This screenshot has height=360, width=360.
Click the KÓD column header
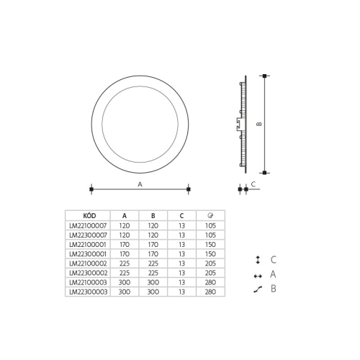(88, 215)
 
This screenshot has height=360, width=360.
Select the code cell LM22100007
(88, 225)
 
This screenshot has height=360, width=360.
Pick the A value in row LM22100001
(125, 244)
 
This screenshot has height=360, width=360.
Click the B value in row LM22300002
(153, 274)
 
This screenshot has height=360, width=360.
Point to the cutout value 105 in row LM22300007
(210, 234)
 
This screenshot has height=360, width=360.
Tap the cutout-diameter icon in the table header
(210, 215)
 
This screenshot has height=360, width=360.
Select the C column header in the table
(181, 215)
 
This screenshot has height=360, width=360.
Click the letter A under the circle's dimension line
(139, 184)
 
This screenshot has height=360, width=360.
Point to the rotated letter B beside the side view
(259, 124)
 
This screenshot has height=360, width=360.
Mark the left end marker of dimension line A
(91, 189)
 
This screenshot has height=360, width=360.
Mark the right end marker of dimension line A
(188, 189)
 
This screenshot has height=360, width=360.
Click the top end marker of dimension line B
(266, 76)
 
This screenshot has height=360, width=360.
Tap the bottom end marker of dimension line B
(266, 173)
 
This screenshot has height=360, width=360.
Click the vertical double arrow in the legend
(257, 260)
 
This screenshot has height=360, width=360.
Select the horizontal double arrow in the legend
(257, 275)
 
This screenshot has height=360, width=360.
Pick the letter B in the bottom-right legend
(274, 289)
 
